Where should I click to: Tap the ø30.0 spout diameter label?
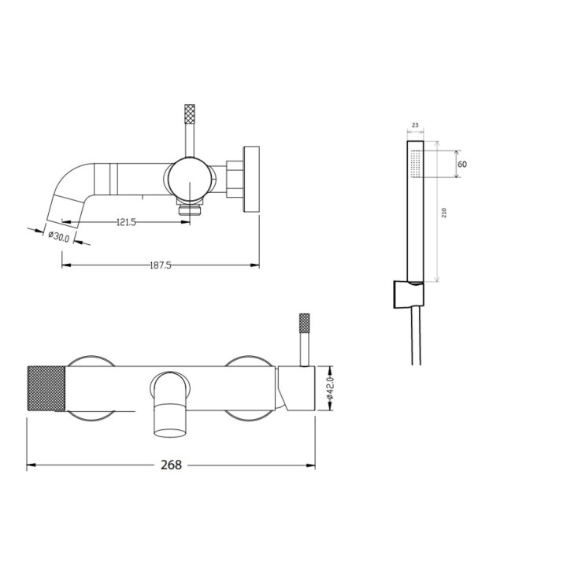coord(58,236)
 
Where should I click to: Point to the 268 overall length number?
coord(171,465)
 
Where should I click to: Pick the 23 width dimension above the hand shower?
coord(415,126)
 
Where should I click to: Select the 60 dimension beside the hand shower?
coord(462,165)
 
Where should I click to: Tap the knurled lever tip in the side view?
coord(187,115)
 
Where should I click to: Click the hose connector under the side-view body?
coord(190,208)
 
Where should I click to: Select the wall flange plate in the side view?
coord(253,179)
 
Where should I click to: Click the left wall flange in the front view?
coord(92,387)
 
